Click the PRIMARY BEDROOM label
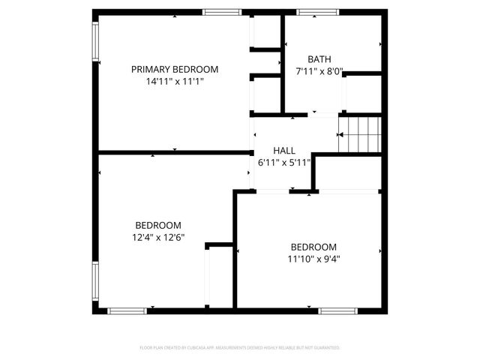tap(175, 69)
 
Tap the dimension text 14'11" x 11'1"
tap(175, 82)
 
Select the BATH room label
tap(319, 59)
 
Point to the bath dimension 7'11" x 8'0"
tap(319, 72)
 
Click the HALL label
tap(283, 150)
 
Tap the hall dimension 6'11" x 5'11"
tap(283, 163)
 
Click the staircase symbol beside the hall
tap(361, 135)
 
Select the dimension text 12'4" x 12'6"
tap(157, 238)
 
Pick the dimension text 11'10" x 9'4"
tap(313, 259)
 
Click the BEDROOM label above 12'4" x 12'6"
tap(157, 225)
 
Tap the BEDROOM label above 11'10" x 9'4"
tap(313, 247)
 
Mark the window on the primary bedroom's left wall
tap(95, 41)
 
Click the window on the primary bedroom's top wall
tap(223, 12)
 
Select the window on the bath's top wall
tap(318, 12)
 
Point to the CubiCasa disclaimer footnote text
tap(240, 348)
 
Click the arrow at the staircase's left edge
tap(340, 135)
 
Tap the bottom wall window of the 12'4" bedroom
tap(127, 310)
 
